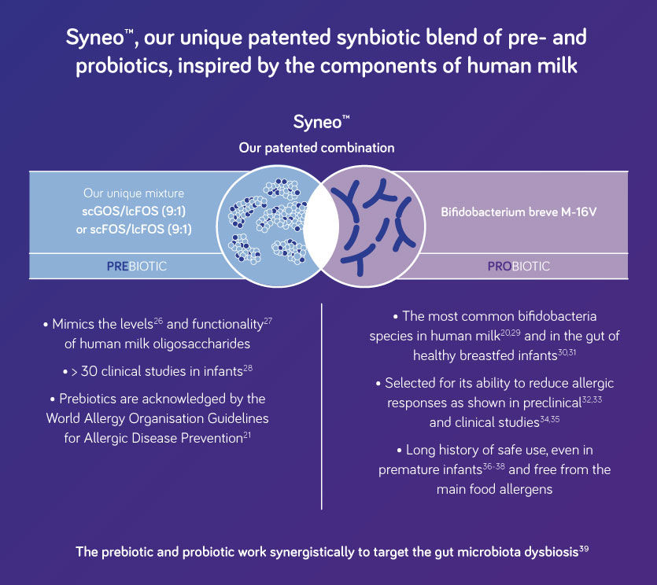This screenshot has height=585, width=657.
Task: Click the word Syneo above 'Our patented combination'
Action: pos(316,123)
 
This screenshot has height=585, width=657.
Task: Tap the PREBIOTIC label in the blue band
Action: pos(137,267)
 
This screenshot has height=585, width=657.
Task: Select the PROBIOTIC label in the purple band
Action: pos(519,267)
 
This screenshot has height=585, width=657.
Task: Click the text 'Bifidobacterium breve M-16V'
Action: pos(518,212)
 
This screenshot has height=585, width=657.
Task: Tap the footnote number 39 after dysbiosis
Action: pos(584,548)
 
